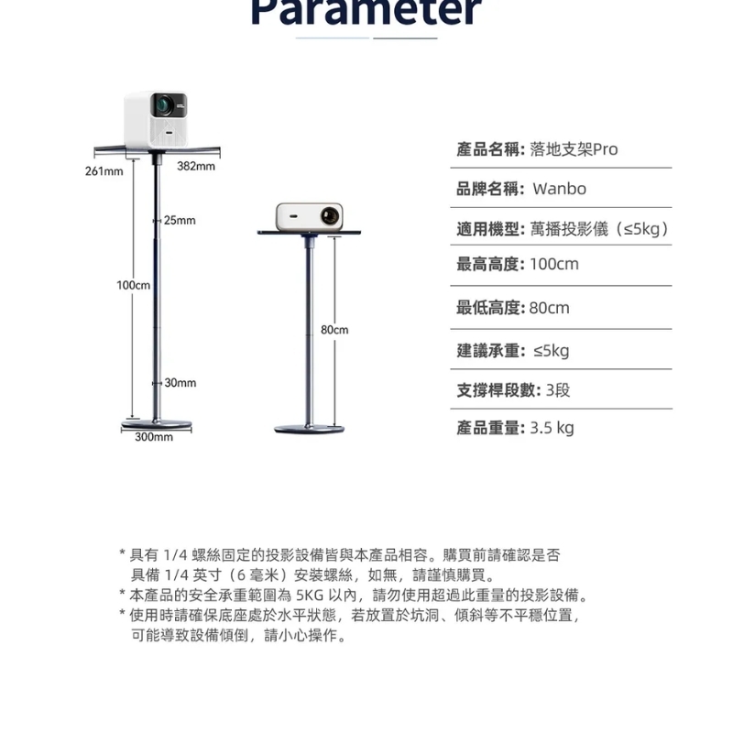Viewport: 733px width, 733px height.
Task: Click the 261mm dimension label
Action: (104, 171)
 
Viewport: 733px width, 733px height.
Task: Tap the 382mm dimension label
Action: (196, 166)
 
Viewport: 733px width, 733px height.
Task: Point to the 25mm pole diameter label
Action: (180, 221)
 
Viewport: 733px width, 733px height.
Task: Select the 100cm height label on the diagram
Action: (133, 286)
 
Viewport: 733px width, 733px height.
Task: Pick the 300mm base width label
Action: (154, 437)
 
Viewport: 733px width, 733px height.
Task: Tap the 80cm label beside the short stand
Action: (334, 329)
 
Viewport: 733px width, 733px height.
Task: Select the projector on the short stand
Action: (309, 216)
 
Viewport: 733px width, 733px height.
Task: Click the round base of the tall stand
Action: (158, 424)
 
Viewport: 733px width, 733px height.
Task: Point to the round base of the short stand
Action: (309, 428)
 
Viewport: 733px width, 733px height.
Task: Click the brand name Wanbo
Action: (559, 190)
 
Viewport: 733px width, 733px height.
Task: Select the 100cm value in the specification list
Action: (554, 265)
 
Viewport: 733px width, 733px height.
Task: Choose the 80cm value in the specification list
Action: (550, 308)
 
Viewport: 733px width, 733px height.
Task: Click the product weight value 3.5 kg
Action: (552, 428)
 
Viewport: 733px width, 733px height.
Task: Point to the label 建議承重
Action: (490, 351)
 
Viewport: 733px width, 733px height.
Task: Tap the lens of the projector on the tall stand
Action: (165, 105)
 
